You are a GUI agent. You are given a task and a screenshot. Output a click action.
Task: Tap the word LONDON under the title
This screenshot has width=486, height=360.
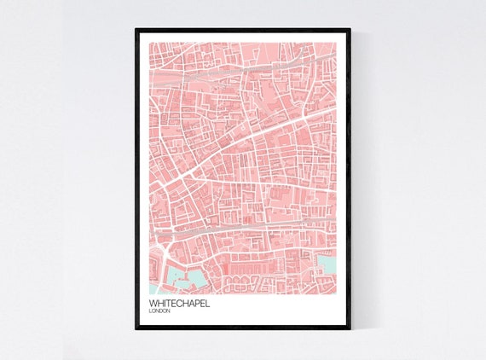click(x=159, y=311)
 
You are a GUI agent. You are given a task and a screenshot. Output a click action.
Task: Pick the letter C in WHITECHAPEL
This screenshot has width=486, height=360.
click(x=177, y=303)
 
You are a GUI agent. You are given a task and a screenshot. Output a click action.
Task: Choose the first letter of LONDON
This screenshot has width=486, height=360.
click(x=150, y=311)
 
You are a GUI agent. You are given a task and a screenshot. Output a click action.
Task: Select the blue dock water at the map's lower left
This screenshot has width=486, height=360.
click(x=183, y=275)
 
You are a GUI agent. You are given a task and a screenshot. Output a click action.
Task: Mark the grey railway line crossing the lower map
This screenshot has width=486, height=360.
click(x=239, y=229)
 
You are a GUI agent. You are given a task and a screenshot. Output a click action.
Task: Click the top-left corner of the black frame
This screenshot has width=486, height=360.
click(x=136, y=30)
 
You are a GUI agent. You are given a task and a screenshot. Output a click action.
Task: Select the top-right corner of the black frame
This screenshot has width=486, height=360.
click(x=349, y=30)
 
